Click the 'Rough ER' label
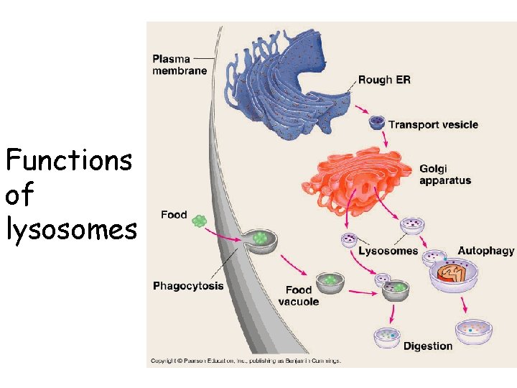384,80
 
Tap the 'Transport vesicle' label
433,124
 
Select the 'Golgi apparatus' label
445,175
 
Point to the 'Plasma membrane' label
180,64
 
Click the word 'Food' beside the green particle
174,215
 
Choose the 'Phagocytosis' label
188,286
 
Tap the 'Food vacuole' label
298,295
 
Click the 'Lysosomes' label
388,251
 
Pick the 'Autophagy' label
486,251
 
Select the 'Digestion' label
428,346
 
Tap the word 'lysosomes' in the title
70,229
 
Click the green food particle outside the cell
200,221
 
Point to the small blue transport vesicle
376,123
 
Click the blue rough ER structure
287,79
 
